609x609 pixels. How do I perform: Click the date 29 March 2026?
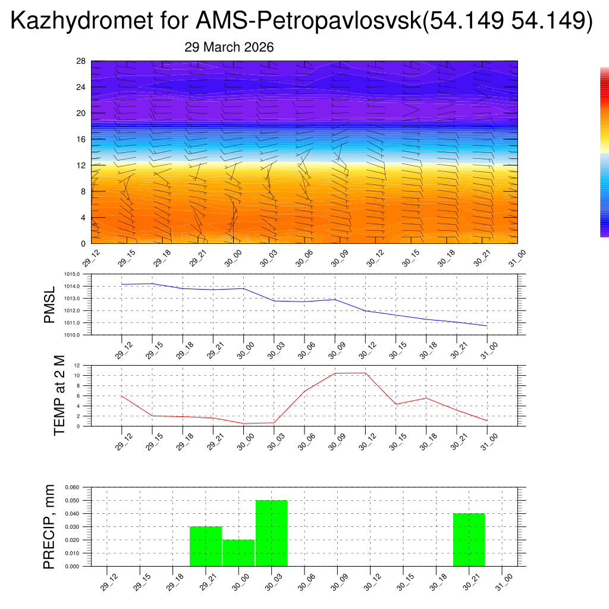pos(229,48)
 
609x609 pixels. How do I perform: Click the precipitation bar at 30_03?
pos(272,533)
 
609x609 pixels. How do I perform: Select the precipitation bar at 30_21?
pos(469,540)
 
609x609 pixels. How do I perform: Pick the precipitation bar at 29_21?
pos(206,547)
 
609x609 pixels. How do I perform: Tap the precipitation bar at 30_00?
pos(238,553)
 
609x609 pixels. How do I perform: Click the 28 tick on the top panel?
pos(81,61)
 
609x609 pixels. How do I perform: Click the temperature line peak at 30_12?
pos(365,373)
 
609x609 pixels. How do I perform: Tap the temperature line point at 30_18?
pos(426,398)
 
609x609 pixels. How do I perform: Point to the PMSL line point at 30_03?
pos(274,301)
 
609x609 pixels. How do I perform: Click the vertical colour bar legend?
pos(604,152)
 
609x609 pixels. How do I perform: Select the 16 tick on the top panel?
pos(81,139)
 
